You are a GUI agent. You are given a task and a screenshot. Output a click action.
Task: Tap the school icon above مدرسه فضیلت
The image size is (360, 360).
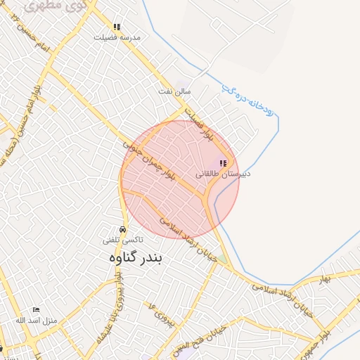tap(117, 27)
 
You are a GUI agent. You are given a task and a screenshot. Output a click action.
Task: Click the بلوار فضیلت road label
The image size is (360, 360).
tap(199, 125)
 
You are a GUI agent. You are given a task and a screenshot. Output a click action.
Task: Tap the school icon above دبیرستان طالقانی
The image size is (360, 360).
tap(223, 163)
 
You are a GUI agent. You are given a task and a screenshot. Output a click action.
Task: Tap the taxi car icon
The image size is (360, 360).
tap(123, 230)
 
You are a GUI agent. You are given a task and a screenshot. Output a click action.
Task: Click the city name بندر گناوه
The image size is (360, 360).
tap(135, 258)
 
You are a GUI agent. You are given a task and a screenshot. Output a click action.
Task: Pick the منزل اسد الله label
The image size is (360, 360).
tap(36, 320)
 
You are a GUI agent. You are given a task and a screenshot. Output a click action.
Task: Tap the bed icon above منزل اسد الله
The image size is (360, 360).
tap(37, 310)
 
